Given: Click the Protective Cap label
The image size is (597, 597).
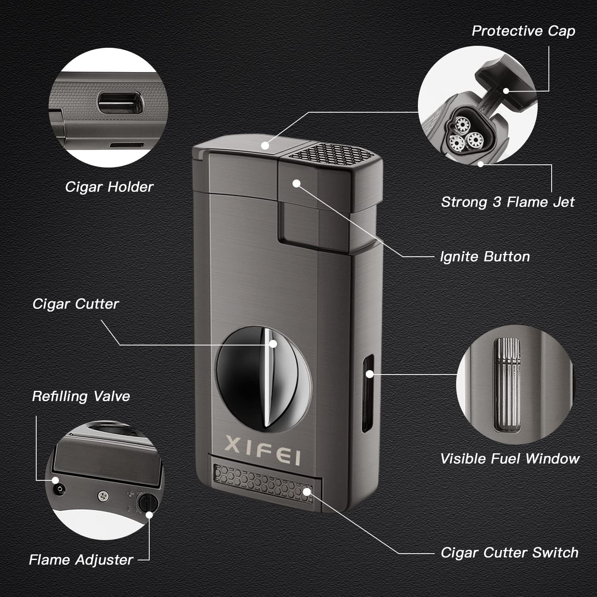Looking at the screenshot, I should (x=523, y=31).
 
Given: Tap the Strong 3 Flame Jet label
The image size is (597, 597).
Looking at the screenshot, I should (x=507, y=202).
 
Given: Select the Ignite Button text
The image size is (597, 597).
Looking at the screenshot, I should (x=485, y=257).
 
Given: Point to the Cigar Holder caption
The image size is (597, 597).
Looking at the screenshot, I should (x=109, y=187).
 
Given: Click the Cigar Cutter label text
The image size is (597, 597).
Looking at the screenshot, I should (x=75, y=304).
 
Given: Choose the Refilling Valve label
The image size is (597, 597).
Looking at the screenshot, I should (x=81, y=396).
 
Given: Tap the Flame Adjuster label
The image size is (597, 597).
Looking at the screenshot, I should (x=81, y=560).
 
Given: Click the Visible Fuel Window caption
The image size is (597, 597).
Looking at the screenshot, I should (x=509, y=459).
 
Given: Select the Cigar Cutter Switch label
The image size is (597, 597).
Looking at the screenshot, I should (x=509, y=553).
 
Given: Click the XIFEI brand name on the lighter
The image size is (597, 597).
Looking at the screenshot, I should (x=263, y=450).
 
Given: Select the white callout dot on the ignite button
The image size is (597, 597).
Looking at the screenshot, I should (x=296, y=183).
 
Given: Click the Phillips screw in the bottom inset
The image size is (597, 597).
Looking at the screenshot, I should (x=103, y=496).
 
